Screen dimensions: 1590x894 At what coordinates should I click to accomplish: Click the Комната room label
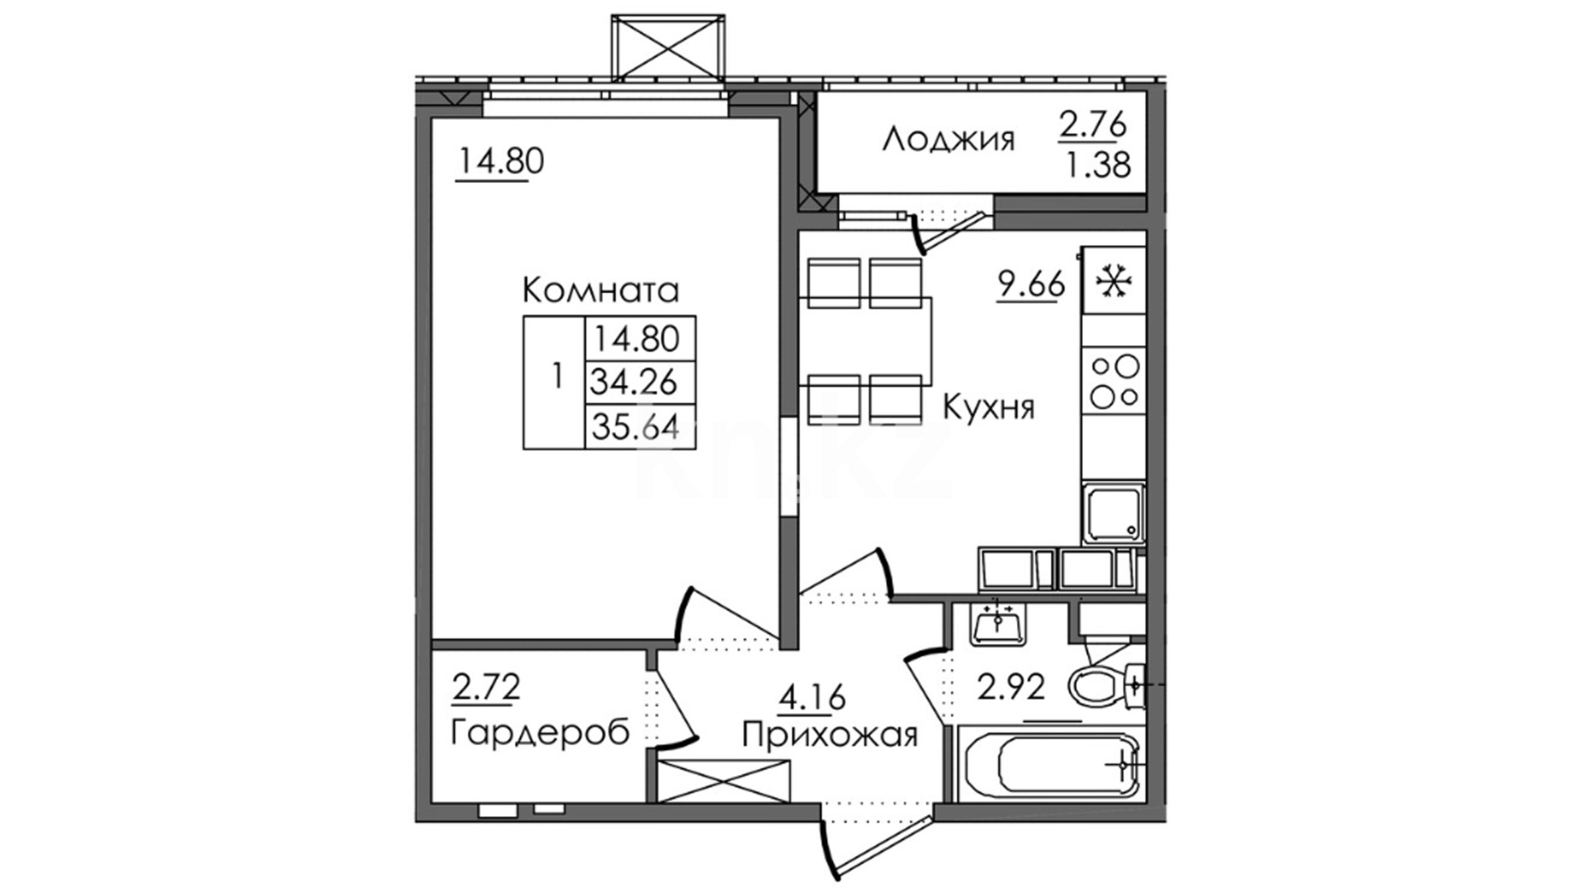click(x=600, y=291)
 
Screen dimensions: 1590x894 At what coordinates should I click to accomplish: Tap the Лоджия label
click(x=948, y=140)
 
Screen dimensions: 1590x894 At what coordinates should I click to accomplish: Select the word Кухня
click(x=989, y=408)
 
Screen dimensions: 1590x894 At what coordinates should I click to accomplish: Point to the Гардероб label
click(x=540, y=733)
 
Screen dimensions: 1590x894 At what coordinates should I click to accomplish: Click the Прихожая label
click(x=830, y=734)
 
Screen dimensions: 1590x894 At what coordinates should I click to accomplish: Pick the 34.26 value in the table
click(x=634, y=382)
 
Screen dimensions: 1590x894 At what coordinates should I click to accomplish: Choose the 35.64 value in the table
click(x=634, y=427)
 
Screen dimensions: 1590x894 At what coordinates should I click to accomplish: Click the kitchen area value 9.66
click(x=1030, y=286)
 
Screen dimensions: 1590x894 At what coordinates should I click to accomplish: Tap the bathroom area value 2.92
click(x=1010, y=687)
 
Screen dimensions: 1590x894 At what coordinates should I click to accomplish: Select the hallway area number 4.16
click(x=812, y=697)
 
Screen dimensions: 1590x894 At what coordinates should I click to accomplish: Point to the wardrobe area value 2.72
click(x=485, y=687)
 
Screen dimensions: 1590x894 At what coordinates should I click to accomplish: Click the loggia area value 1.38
click(x=1097, y=166)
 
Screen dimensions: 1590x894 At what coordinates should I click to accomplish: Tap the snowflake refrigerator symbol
click(x=1114, y=282)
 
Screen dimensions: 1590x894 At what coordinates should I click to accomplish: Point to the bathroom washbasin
click(x=1000, y=623)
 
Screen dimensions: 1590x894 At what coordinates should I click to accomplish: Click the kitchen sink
click(x=1113, y=513)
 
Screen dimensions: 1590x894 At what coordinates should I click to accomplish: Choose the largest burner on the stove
click(x=1127, y=366)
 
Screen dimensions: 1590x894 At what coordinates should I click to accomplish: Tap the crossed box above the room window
click(x=667, y=47)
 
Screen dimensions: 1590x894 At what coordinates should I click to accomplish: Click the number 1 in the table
click(x=556, y=377)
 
